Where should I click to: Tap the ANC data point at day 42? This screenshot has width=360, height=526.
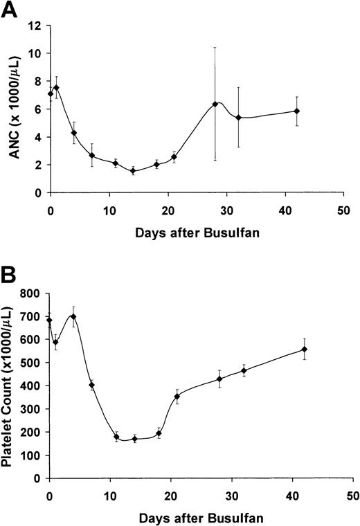point(296,111)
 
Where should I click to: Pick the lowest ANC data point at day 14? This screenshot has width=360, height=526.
point(133,171)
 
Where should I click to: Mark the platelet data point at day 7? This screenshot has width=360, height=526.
point(91,385)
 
